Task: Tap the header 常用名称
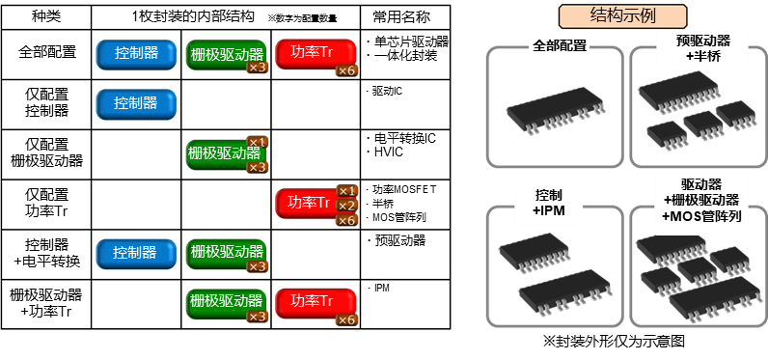(x=406, y=17)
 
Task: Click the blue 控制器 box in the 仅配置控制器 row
(x=135, y=103)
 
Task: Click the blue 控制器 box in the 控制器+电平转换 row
(x=135, y=253)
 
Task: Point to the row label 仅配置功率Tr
(x=43, y=203)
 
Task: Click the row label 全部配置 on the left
(x=43, y=53)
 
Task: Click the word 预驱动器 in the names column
(x=399, y=241)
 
